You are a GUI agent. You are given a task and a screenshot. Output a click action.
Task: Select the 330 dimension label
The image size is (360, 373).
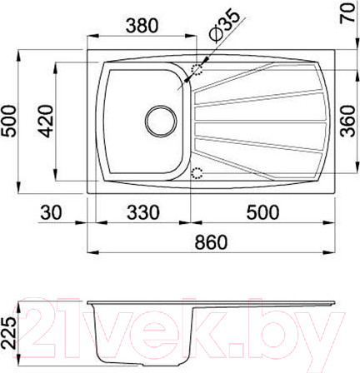pyautogui.click(x=142, y=214)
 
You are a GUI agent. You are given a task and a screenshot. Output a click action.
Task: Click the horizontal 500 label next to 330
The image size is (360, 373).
pyautogui.click(x=265, y=214)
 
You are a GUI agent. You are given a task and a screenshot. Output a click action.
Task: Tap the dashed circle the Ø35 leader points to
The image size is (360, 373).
pyautogui.click(x=198, y=73)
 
